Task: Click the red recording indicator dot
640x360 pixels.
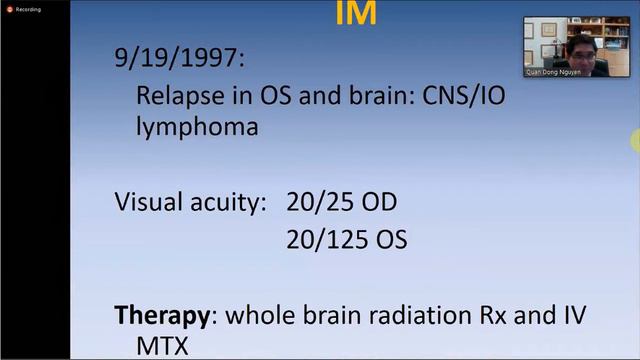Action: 8,8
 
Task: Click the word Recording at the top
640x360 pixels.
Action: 28,8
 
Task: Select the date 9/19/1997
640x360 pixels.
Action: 178,60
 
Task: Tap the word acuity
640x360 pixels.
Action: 228,202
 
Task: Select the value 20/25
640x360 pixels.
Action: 319,202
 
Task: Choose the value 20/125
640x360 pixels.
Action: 326,240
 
